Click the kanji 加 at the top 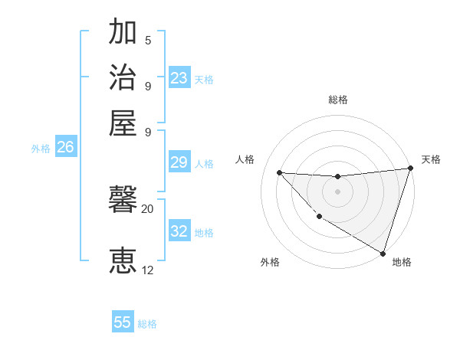(x=123, y=33)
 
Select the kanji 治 (x=123, y=77)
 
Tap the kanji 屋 (x=123, y=122)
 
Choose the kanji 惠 (x=123, y=260)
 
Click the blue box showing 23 (x=179, y=78)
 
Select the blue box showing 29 (x=179, y=162)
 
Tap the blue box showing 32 (x=179, y=231)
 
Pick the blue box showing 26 (x=65, y=148)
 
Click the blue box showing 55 (x=123, y=322)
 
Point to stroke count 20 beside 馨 (x=147, y=208)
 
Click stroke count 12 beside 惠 (x=147, y=270)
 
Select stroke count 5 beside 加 (x=147, y=40)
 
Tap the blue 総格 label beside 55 (x=147, y=324)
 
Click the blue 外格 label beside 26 (x=41, y=149)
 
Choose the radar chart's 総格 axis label (x=337, y=100)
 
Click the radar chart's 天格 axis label (x=431, y=159)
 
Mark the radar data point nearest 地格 (x=383, y=253)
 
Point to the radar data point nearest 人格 (x=279, y=172)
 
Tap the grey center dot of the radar (x=337, y=191)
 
